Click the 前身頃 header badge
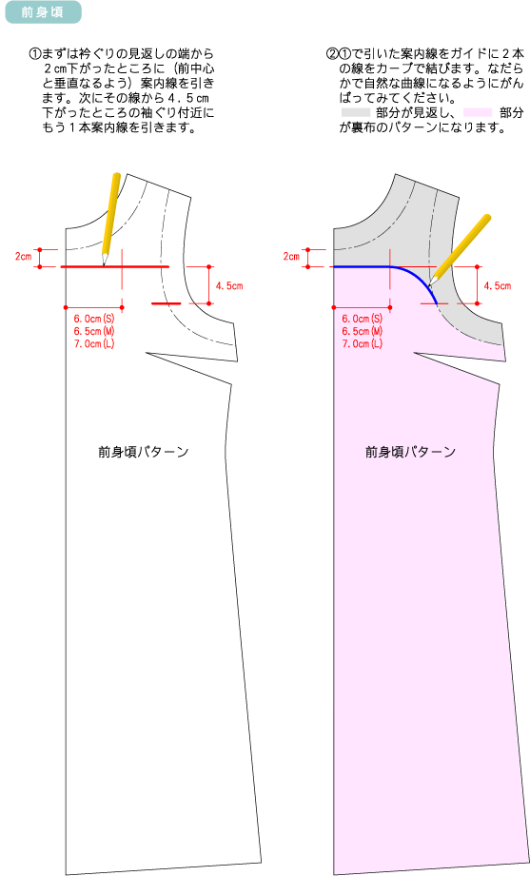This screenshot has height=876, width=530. [x=43, y=12]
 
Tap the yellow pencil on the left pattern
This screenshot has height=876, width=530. [x=109, y=219]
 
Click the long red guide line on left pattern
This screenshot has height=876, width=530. [x=114, y=267]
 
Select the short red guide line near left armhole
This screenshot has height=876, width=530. [x=167, y=304]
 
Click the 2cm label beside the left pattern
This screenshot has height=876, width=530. [x=23, y=257]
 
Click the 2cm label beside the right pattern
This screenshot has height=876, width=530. [x=291, y=257]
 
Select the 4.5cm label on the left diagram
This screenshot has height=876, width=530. [x=229, y=286]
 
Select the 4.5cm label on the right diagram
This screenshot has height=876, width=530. [x=498, y=286]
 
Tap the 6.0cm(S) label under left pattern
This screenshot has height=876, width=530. [x=94, y=319]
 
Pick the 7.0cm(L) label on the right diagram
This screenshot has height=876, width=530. [x=363, y=343]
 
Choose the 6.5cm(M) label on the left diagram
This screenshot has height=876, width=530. [x=94, y=331]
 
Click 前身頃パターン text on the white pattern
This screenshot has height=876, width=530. [x=143, y=452]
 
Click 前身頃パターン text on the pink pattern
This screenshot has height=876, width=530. [x=410, y=452]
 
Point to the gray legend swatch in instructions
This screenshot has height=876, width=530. [x=356, y=113]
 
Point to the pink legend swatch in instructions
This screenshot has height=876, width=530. [x=478, y=113]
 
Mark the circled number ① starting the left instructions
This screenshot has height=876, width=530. [x=35, y=54]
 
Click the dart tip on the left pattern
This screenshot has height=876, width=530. [x=147, y=353]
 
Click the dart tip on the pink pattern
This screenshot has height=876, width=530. [x=414, y=353]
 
